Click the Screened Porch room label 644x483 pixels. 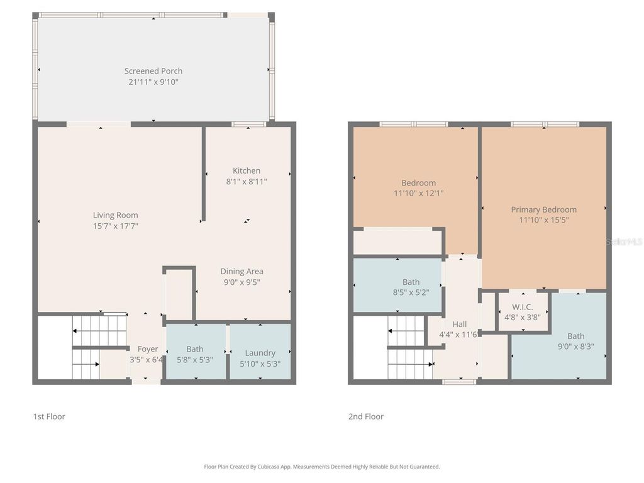153,71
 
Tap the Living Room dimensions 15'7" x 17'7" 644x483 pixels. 116,226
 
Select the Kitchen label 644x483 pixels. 247,170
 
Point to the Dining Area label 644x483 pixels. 241,271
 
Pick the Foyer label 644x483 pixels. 148,349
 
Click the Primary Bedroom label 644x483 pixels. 543,209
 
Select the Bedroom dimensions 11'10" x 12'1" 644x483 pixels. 418,194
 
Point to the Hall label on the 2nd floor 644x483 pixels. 460,324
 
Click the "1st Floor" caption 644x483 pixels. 49,416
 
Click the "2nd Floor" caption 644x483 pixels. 366,416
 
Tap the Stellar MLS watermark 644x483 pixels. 624,241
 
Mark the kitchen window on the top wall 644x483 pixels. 248,125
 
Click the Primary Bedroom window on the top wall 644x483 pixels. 545,125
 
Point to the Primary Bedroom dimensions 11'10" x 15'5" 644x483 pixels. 544,220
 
